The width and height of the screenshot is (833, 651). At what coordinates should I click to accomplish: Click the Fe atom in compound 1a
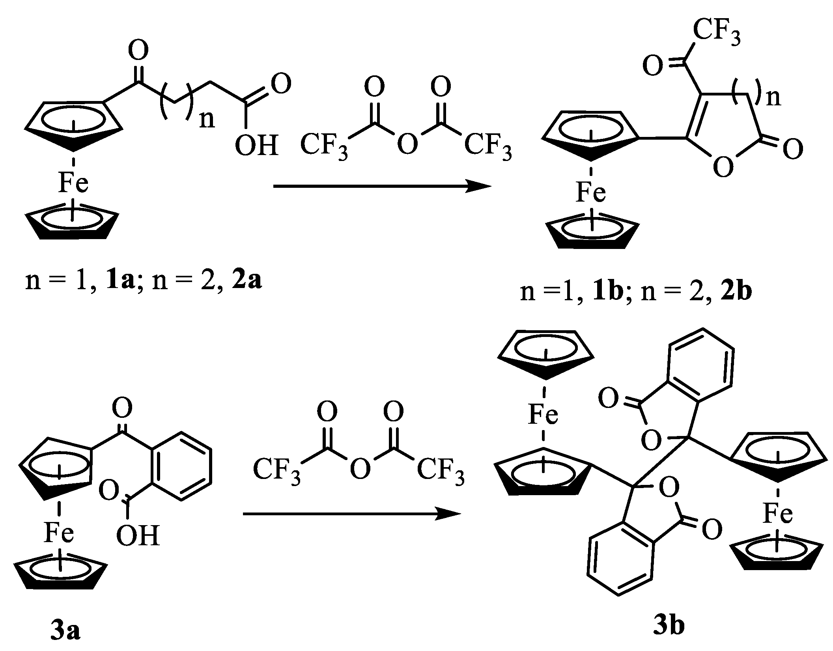pos(73,183)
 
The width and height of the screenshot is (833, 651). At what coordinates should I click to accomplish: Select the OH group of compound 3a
pos(138,535)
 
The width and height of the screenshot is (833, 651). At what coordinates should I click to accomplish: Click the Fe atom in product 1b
pos(590,193)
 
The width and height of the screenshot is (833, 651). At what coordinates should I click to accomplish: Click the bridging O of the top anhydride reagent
pos(407,144)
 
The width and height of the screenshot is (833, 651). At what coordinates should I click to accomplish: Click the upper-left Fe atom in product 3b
pos(543,415)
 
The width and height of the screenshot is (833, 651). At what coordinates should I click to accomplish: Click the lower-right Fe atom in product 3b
pos(777,514)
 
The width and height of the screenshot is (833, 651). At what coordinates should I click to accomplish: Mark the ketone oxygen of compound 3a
pos(122,408)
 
